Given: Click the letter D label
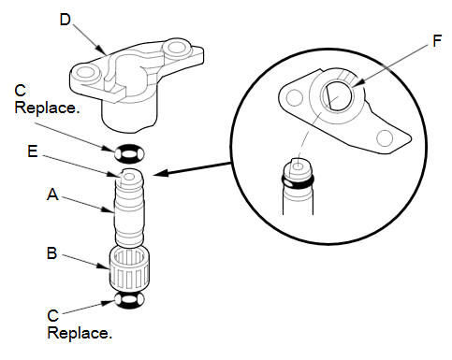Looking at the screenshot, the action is [x=66, y=20].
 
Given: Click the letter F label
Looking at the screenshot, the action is [x=437, y=41].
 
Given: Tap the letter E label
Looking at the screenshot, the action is [x=33, y=151].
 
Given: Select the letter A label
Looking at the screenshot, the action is [x=52, y=194].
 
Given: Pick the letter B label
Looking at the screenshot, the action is [x=52, y=252].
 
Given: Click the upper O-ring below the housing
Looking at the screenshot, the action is [x=129, y=153].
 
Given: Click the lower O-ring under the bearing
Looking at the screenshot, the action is [x=129, y=300].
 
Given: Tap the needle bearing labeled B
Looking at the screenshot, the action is [x=129, y=267].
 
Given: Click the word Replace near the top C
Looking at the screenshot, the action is [x=47, y=108].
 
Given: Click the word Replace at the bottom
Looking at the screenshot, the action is [x=80, y=333].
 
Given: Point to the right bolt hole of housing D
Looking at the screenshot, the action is [x=175, y=48].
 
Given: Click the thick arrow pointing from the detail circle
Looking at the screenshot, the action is [x=192, y=168].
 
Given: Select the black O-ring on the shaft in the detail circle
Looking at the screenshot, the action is [x=298, y=182].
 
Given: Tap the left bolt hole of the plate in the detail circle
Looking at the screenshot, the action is [x=294, y=97].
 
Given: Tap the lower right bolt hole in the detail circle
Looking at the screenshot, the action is [x=385, y=138].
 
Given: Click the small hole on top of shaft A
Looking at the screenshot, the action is [x=129, y=177].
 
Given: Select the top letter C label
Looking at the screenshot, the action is [x=21, y=91].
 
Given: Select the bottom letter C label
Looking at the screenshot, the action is [x=53, y=316].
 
